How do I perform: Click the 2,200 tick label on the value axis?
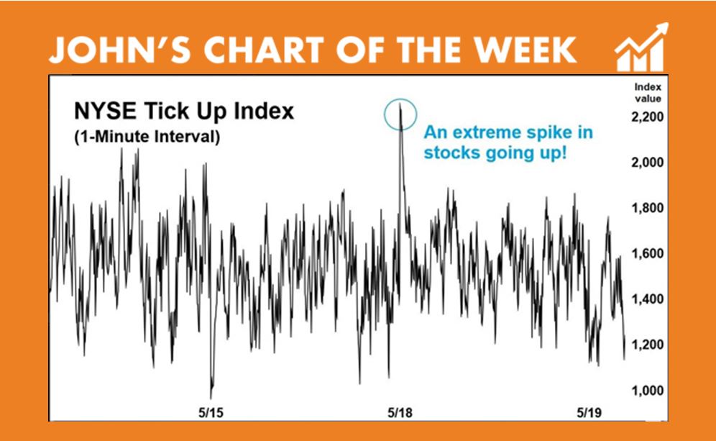(x=647, y=117)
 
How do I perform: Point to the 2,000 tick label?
(x=647, y=163)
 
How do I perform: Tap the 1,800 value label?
(x=647, y=208)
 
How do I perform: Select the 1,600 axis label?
(x=647, y=253)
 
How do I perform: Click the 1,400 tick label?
(x=647, y=299)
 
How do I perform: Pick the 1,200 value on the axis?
(x=647, y=344)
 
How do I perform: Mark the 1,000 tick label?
(x=647, y=390)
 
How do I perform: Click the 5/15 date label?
(x=211, y=413)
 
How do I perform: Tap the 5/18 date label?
(x=400, y=413)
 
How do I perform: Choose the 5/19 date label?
(x=589, y=413)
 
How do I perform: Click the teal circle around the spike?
(x=385, y=114)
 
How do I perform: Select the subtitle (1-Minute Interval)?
(x=147, y=137)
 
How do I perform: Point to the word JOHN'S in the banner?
(x=120, y=50)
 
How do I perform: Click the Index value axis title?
(x=648, y=93)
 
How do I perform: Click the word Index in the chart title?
(x=264, y=111)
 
